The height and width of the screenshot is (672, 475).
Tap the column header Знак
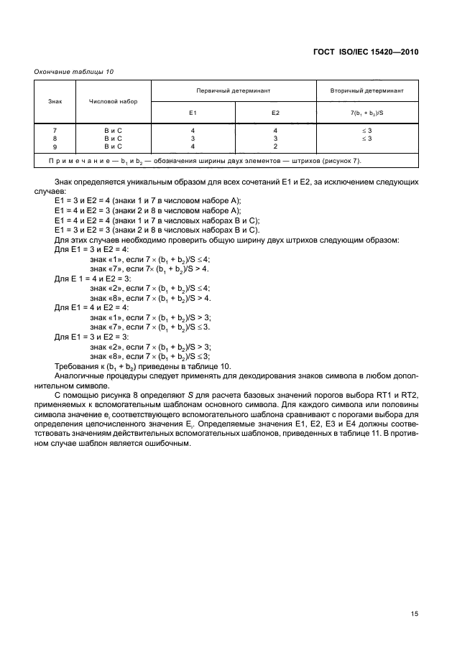(55, 101)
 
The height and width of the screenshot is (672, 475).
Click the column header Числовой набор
(113, 101)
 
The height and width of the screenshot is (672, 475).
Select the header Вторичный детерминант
(366, 91)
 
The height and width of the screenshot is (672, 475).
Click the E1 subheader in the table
(193, 113)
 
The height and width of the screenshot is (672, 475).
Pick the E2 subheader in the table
(275, 113)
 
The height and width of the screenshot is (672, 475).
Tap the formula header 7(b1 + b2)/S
(366, 113)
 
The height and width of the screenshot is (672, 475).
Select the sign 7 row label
(55, 130)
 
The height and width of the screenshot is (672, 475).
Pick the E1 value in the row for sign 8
(193, 137)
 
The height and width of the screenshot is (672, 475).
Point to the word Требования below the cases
(75, 365)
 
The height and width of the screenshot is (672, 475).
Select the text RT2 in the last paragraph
(409, 394)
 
